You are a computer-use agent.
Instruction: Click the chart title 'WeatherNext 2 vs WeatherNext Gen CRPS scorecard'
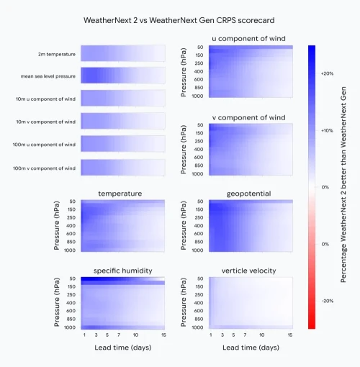[180, 19]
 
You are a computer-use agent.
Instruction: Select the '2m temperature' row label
[57, 54]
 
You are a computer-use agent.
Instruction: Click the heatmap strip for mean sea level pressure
[122, 76]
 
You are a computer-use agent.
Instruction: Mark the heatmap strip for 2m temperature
[122, 53]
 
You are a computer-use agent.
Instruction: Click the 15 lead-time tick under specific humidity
[165, 335]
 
